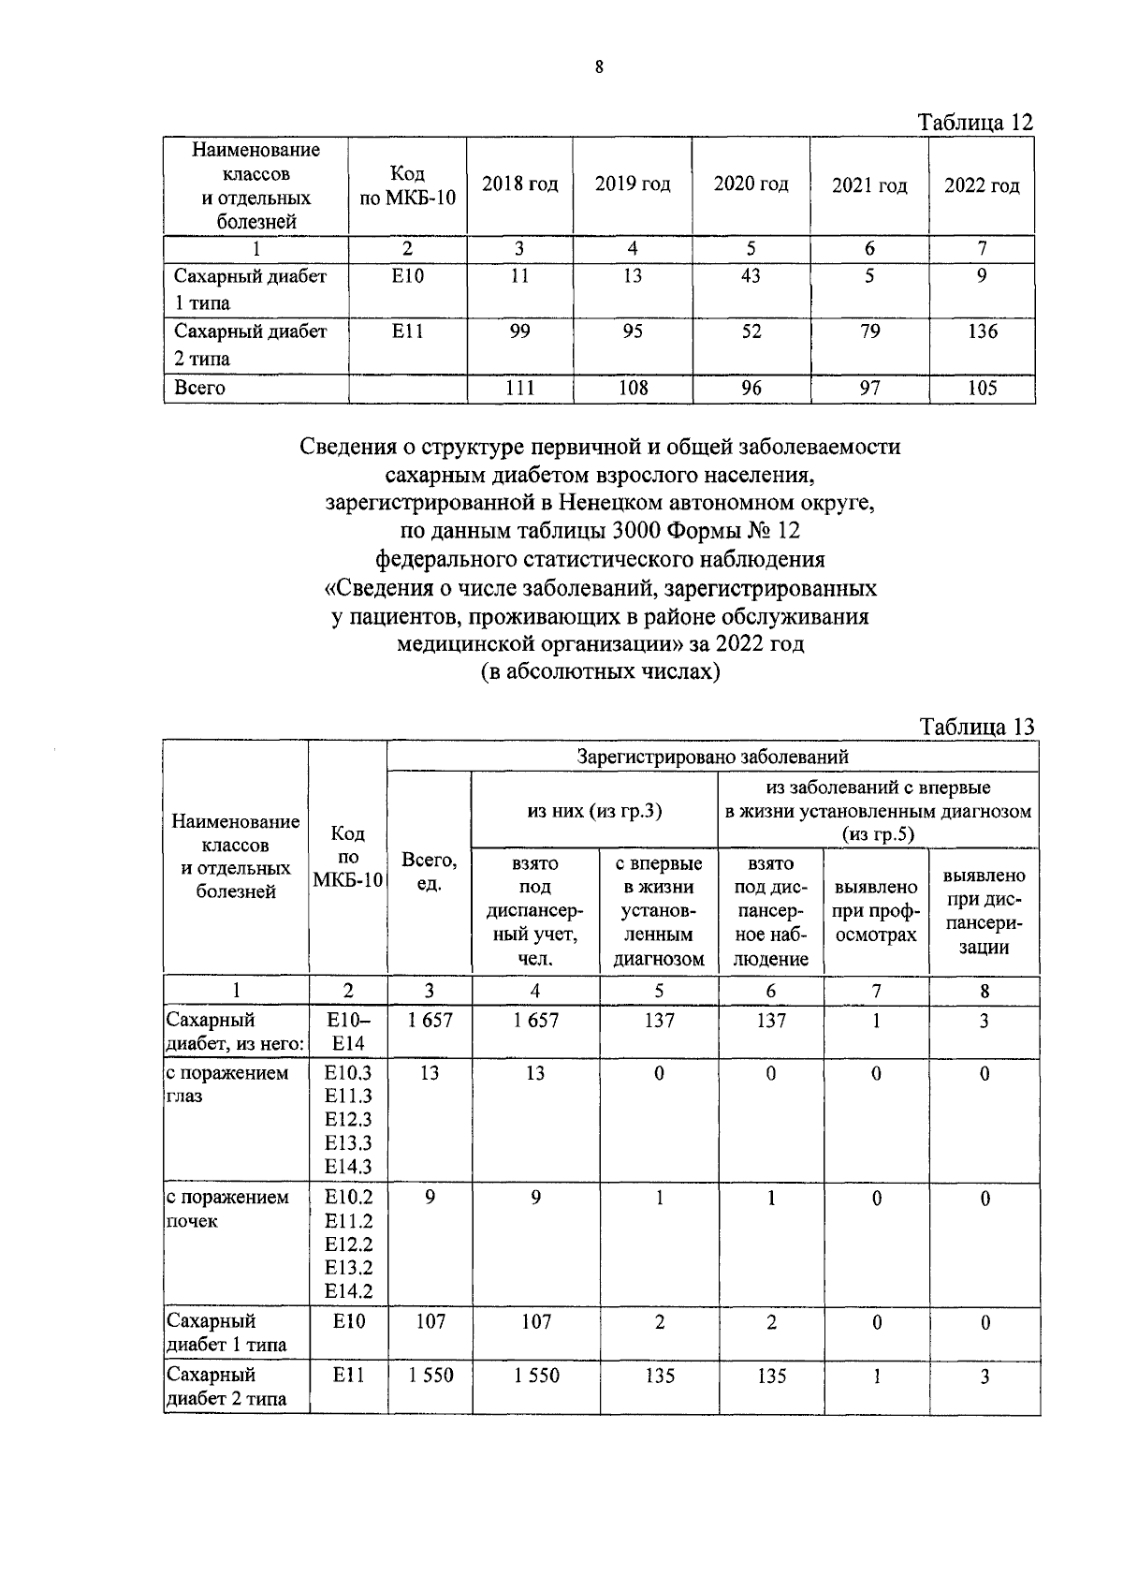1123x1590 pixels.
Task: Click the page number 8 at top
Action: pos(599,66)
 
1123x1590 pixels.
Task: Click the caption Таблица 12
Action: pos(975,123)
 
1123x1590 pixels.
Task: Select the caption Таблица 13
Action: pos(977,728)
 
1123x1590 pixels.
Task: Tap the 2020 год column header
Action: pos(751,184)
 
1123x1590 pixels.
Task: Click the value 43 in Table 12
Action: pos(751,276)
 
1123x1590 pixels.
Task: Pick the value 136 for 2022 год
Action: pos(982,331)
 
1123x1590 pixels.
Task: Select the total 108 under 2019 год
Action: pos(633,388)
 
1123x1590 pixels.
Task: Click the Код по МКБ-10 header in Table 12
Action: pos(407,185)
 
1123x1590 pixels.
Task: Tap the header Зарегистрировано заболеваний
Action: pos(712,756)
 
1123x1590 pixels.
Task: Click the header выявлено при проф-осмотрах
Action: pos(875,911)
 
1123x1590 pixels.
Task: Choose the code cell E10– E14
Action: pos(347,1032)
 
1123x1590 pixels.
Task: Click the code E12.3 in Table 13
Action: pos(347,1119)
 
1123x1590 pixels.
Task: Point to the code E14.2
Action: pos(347,1291)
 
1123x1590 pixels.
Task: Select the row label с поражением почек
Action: pos(227,1209)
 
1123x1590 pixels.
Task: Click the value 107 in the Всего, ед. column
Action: pos(430,1321)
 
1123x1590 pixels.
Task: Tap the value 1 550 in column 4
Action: pos(535,1376)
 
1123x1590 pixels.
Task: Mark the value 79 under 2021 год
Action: pos(869,331)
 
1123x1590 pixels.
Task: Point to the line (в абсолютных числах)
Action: pos(600,672)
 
